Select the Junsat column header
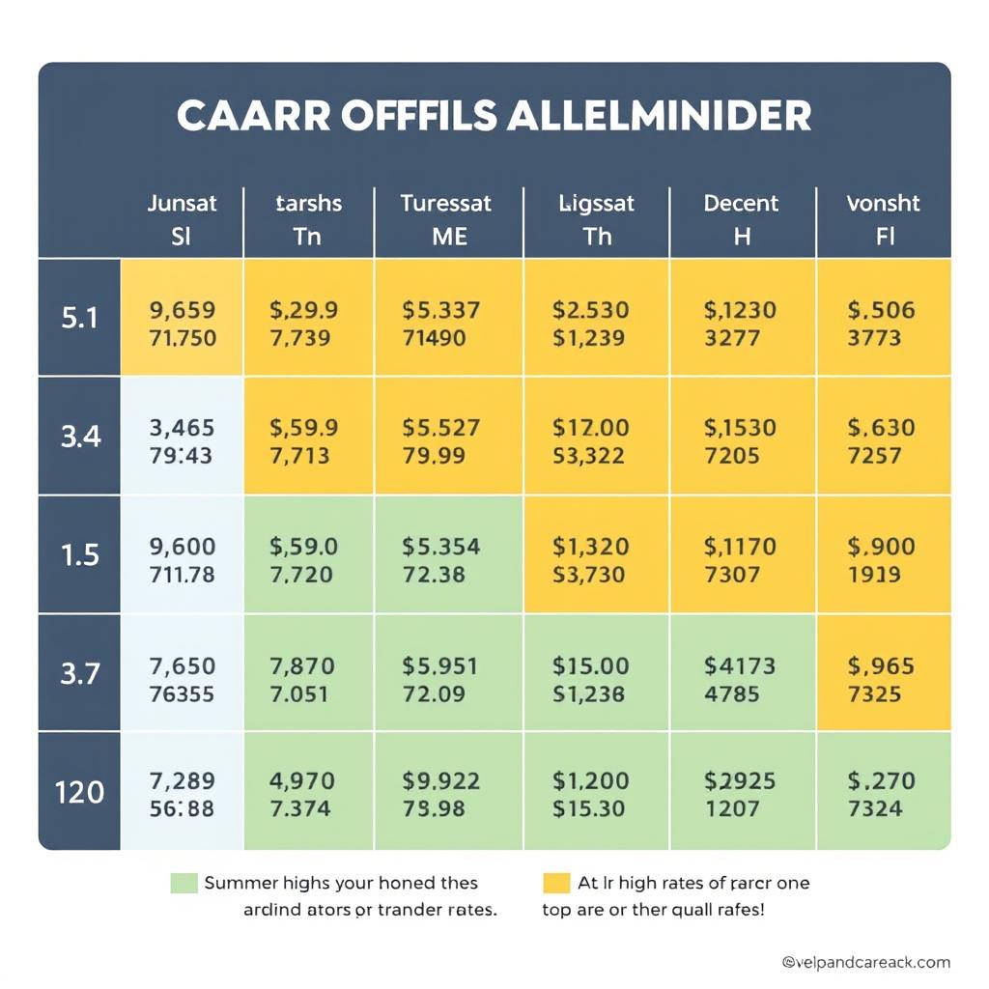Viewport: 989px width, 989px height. point(182,219)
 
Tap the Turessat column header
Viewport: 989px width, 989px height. point(446,219)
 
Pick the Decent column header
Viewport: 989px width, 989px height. point(741,219)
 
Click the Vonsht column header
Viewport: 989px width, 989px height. point(883,219)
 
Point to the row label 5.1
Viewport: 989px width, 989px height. point(80,318)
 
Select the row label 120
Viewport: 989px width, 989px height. point(80,792)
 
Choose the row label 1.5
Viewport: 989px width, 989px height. point(80,555)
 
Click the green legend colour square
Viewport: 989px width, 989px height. point(184,883)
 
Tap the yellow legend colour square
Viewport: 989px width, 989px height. point(556,883)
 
